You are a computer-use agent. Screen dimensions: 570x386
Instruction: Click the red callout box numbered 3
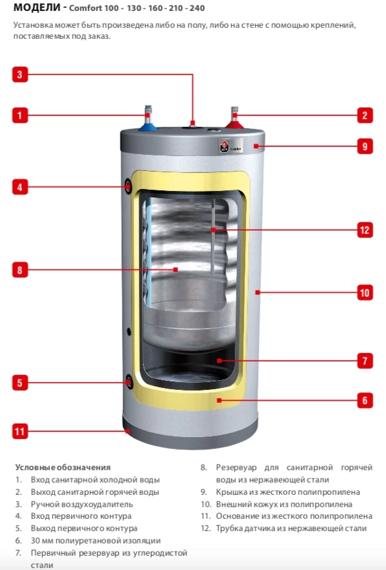19,74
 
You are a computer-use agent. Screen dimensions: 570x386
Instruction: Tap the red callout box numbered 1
19,116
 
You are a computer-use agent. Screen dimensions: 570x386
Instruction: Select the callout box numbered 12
365,229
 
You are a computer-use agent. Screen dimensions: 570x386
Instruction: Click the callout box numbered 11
19,430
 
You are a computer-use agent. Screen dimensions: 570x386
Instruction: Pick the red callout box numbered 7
365,359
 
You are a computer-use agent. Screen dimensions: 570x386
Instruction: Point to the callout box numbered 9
365,146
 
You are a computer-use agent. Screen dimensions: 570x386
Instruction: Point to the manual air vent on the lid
192,123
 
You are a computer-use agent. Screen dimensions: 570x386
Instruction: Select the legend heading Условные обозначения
63,467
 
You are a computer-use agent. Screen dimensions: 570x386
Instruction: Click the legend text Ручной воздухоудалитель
82,504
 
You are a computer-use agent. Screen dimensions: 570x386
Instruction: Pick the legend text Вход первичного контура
81,516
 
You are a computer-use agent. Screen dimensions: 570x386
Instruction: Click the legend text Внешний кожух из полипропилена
284,504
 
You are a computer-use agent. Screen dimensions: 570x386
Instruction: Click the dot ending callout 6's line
220,400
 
